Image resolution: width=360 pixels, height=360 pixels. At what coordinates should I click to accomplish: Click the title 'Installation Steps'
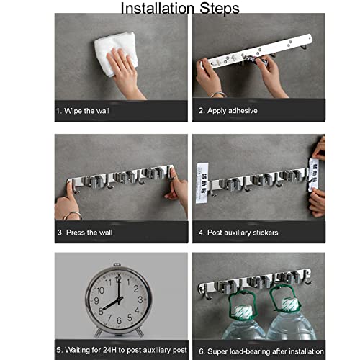[180, 9]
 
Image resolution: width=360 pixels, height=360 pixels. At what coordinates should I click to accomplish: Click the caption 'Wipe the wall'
[87, 111]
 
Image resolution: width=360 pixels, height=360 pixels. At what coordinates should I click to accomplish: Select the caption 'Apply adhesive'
[233, 111]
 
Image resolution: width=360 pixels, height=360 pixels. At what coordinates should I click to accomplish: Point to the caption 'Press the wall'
[89, 233]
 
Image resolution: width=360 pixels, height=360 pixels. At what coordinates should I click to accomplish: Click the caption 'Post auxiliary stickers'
[243, 233]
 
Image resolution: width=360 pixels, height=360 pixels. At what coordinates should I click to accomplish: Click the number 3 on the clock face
[140, 300]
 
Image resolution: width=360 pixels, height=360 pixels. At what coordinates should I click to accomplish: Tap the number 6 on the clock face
[119, 320]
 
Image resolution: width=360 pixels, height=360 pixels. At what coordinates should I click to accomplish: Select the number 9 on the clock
[96, 300]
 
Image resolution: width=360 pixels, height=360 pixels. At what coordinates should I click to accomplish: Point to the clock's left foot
[98, 333]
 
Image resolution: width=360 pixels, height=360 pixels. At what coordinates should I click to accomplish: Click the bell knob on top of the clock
[117, 265]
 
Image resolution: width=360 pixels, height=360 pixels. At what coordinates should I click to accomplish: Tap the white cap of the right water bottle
[290, 304]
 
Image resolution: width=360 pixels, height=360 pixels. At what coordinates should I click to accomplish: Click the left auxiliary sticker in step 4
[202, 183]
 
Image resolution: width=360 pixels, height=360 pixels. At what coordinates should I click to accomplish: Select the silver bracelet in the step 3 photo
[73, 215]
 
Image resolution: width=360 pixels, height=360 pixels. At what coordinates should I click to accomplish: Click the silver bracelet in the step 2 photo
[218, 94]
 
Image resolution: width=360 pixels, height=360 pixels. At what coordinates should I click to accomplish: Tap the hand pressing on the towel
[125, 72]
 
